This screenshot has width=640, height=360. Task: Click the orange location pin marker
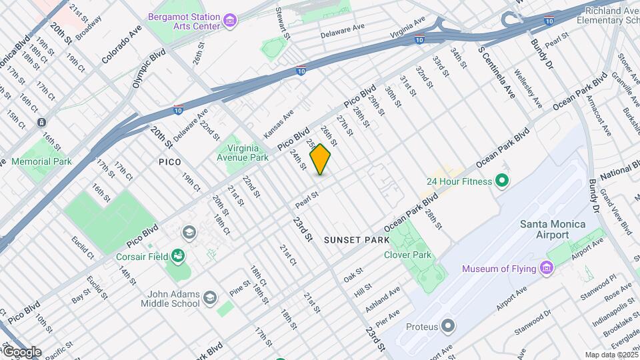click(x=321, y=159)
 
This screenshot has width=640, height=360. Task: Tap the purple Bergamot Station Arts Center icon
click(x=231, y=21)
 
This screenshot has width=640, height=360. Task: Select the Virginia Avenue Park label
click(x=243, y=153)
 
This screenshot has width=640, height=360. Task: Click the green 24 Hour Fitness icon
click(x=503, y=181)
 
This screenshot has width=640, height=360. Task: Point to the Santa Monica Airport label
click(x=553, y=229)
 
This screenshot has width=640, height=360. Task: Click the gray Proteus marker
click(x=448, y=327)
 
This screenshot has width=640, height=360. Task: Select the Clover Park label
click(x=407, y=255)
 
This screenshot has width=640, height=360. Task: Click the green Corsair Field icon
click(x=177, y=255)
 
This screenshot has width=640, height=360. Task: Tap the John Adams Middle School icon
click(x=210, y=297)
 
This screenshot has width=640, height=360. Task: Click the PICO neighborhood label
click(x=170, y=162)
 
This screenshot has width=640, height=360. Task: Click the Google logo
click(x=21, y=352)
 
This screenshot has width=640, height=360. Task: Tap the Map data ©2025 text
click(x=611, y=355)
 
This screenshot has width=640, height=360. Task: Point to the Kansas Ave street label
click(x=279, y=125)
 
